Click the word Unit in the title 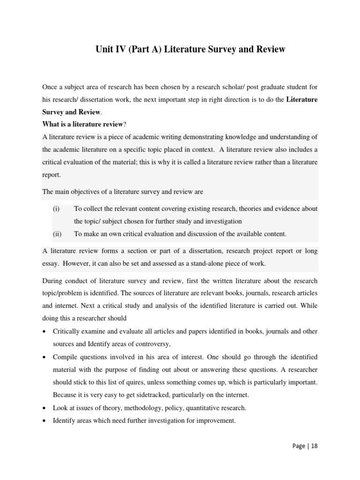coord(105,49)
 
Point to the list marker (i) coord(56,209)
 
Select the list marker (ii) coord(57,233)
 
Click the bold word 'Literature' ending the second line coord(302,99)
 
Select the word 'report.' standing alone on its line coord(51,174)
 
